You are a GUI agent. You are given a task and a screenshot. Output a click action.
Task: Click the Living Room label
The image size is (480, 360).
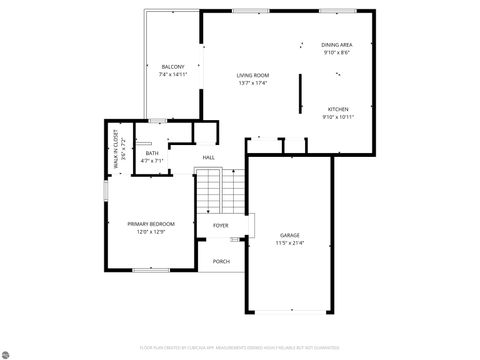click(x=253, y=75)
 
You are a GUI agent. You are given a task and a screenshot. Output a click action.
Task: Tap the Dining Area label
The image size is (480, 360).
click(x=336, y=45)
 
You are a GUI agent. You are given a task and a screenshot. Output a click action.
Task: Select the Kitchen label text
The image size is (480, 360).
click(x=338, y=109)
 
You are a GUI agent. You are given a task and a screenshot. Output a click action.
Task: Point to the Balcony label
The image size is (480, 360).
click(x=172, y=67)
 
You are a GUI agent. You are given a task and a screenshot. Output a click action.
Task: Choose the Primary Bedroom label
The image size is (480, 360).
click(x=150, y=224)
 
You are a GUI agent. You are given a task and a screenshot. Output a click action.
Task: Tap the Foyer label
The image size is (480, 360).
click(x=220, y=226)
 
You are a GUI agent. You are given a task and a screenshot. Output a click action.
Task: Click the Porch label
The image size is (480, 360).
click(x=221, y=261)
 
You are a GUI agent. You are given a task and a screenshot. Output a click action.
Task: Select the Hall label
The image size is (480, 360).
click(x=208, y=158)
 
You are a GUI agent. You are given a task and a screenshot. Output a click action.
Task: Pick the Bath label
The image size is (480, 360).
click(x=152, y=153)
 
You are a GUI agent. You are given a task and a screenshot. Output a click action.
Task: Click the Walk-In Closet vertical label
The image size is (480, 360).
click(x=116, y=147)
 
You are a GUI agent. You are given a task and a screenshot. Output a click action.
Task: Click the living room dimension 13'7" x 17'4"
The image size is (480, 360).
click(x=253, y=83)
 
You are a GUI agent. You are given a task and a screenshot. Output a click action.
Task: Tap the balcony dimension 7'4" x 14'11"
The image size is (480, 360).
click(x=172, y=75)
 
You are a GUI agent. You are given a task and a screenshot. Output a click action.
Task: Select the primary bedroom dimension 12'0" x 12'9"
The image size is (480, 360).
click(x=150, y=232)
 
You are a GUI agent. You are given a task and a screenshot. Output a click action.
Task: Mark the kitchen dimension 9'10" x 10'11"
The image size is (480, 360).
click(x=338, y=117)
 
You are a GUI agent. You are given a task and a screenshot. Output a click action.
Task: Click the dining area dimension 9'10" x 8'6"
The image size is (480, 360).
click(x=336, y=53)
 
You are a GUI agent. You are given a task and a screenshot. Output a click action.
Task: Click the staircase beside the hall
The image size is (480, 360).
click(x=219, y=190)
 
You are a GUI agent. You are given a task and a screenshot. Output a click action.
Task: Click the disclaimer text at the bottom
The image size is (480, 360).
click(x=239, y=347)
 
